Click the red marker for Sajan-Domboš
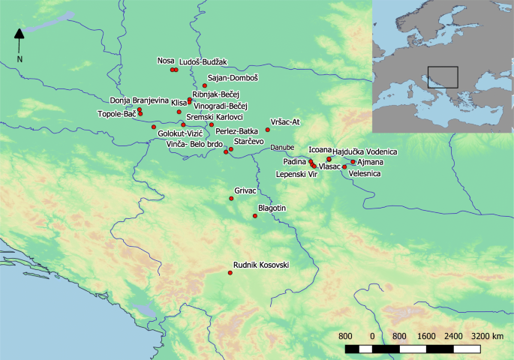(204, 85)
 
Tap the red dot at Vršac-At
(267, 130)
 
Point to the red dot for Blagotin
(255, 216)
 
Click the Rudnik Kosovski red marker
(230, 272)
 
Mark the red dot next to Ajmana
(353, 162)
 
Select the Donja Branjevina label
(139, 100)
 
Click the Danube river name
(282, 148)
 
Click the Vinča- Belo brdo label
(194, 143)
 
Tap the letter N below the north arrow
(20, 58)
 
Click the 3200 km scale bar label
(488, 336)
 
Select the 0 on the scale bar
(372, 336)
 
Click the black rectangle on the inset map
(443, 78)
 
